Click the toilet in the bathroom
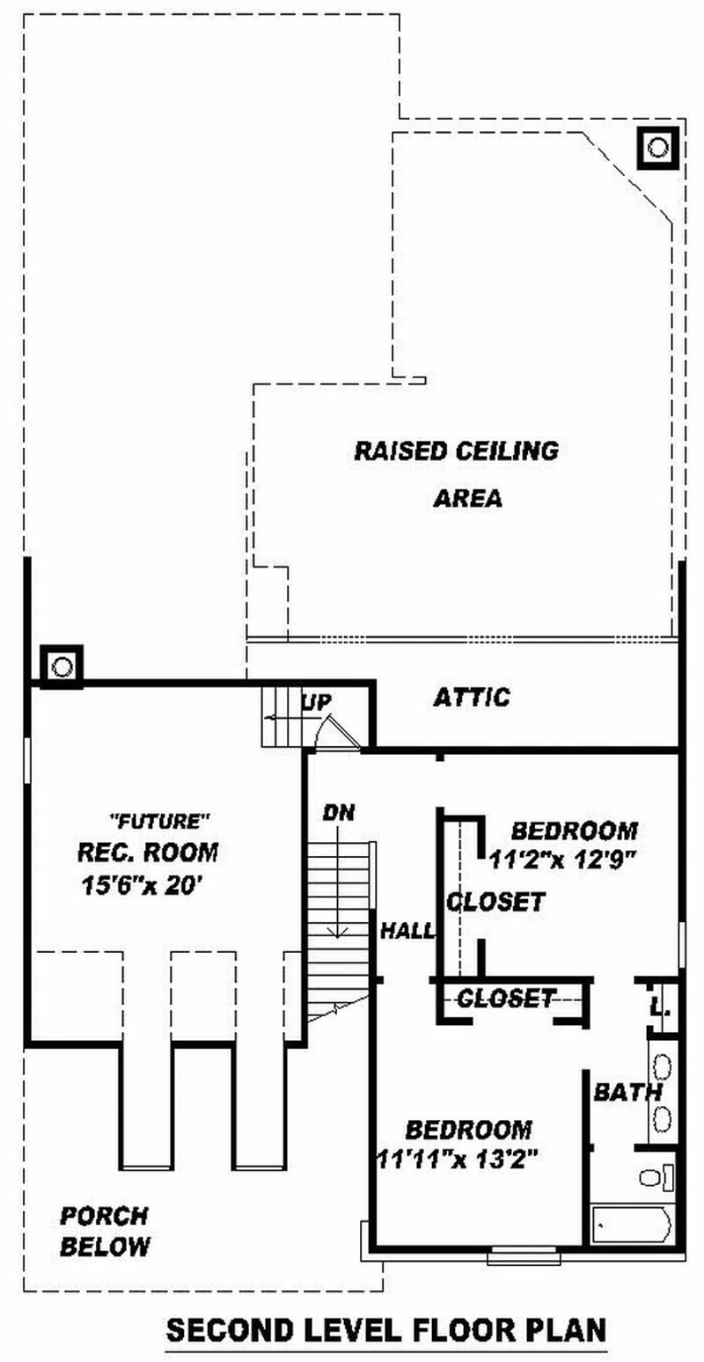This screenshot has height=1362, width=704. (x=654, y=1176)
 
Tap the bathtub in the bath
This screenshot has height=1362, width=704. (x=632, y=1223)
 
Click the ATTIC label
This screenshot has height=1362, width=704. (x=471, y=698)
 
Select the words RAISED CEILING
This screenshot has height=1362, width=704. (x=456, y=450)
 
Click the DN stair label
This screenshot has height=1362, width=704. (x=338, y=812)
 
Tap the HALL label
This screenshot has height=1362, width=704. (x=407, y=930)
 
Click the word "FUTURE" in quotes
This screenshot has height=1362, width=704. (x=158, y=822)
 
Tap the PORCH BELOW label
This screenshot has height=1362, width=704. (x=104, y=1231)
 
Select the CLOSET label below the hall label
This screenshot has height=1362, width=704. (x=506, y=998)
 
